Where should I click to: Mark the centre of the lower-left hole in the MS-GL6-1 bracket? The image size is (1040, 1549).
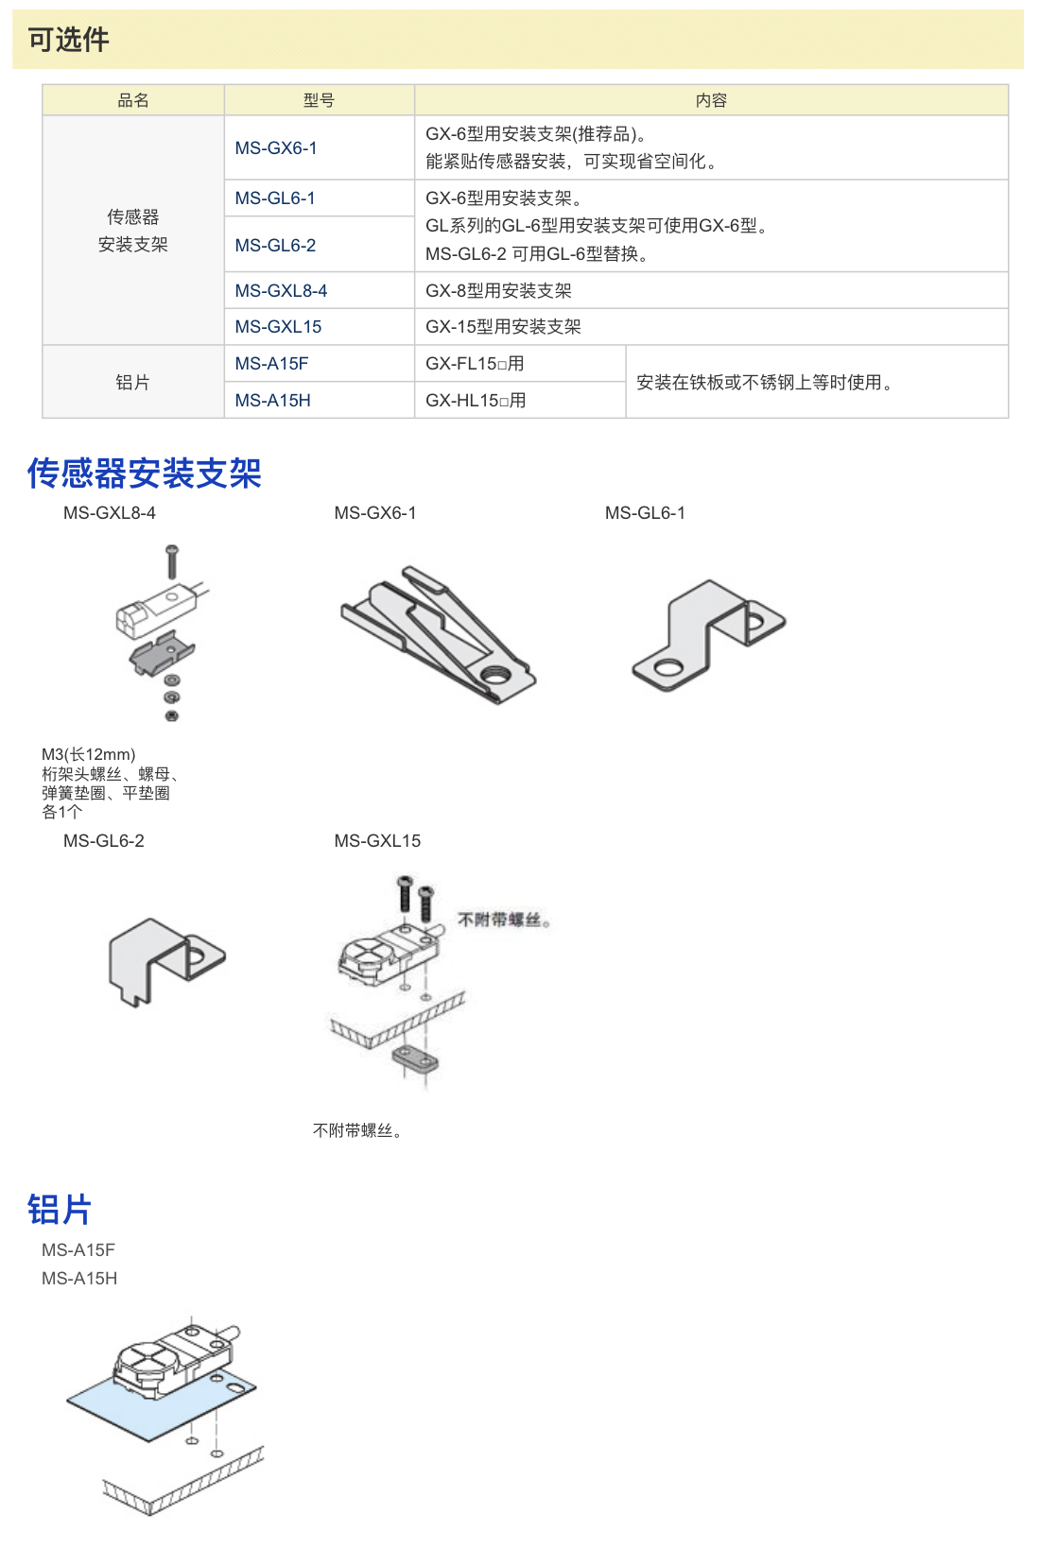(x=667, y=668)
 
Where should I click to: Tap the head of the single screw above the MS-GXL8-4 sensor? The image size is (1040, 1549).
(x=172, y=551)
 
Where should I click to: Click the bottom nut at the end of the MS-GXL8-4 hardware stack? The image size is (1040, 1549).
(x=172, y=715)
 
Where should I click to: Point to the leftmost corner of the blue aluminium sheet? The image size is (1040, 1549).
(x=67, y=1401)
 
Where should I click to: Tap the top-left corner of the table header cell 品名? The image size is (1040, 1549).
(x=43, y=85)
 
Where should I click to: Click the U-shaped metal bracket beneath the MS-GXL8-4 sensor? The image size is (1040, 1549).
(x=162, y=653)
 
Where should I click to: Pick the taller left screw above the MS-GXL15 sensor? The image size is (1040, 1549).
(x=405, y=893)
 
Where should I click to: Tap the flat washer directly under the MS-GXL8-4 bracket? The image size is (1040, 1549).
(x=172, y=681)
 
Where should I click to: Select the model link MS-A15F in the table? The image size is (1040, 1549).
(x=271, y=364)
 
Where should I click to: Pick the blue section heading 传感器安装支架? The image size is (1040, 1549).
(x=144, y=473)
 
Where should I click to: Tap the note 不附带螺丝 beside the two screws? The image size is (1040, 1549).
(x=503, y=921)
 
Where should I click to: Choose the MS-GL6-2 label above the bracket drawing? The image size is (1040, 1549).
(x=104, y=841)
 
